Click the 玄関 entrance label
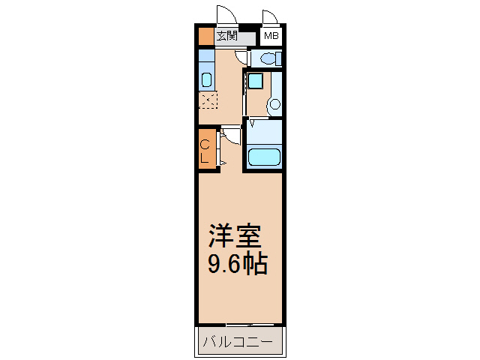[226, 35]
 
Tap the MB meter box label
[270, 36]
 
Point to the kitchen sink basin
[207, 79]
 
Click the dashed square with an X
[208, 100]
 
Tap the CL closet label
[205, 151]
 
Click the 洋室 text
[234, 237]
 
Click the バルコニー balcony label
[240, 343]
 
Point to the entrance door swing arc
[224, 14]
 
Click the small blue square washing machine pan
[256, 81]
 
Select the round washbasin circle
[274, 104]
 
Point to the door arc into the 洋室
[231, 135]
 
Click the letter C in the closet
[205, 145]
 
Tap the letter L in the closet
[205, 157]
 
